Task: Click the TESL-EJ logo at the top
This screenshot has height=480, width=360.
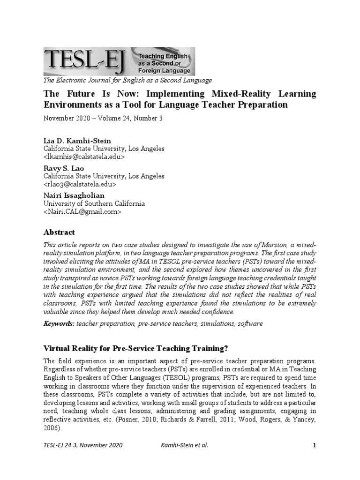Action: click(119, 61)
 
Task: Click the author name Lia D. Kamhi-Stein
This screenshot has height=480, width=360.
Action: click(77, 141)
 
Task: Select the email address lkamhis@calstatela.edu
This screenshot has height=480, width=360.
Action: click(84, 157)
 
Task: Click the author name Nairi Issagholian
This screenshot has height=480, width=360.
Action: click(74, 195)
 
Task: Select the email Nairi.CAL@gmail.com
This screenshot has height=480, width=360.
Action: click(82, 212)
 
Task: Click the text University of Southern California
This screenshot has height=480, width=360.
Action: click(94, 204)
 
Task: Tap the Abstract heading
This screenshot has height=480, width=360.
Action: click(59, 232)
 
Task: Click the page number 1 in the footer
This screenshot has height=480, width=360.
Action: click(315, 445)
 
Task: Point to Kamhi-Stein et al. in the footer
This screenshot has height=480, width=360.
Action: click(183, 445)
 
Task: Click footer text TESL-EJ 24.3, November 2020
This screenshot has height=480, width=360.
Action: click(83, 445)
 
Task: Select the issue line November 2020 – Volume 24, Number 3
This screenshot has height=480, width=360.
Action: click(103, 118)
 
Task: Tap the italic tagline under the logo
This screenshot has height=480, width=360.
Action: click(127, 80)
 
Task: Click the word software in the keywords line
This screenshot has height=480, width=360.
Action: click(250, 324)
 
